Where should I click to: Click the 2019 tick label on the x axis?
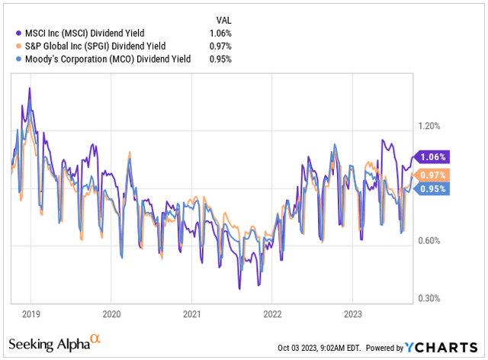(30, 313)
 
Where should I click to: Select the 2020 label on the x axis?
(111, 313)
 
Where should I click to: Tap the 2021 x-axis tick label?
(192, 313)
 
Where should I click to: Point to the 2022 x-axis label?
(272, 313)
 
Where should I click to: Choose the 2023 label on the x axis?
(353, 313)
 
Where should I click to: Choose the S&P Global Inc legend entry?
(96, 46)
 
